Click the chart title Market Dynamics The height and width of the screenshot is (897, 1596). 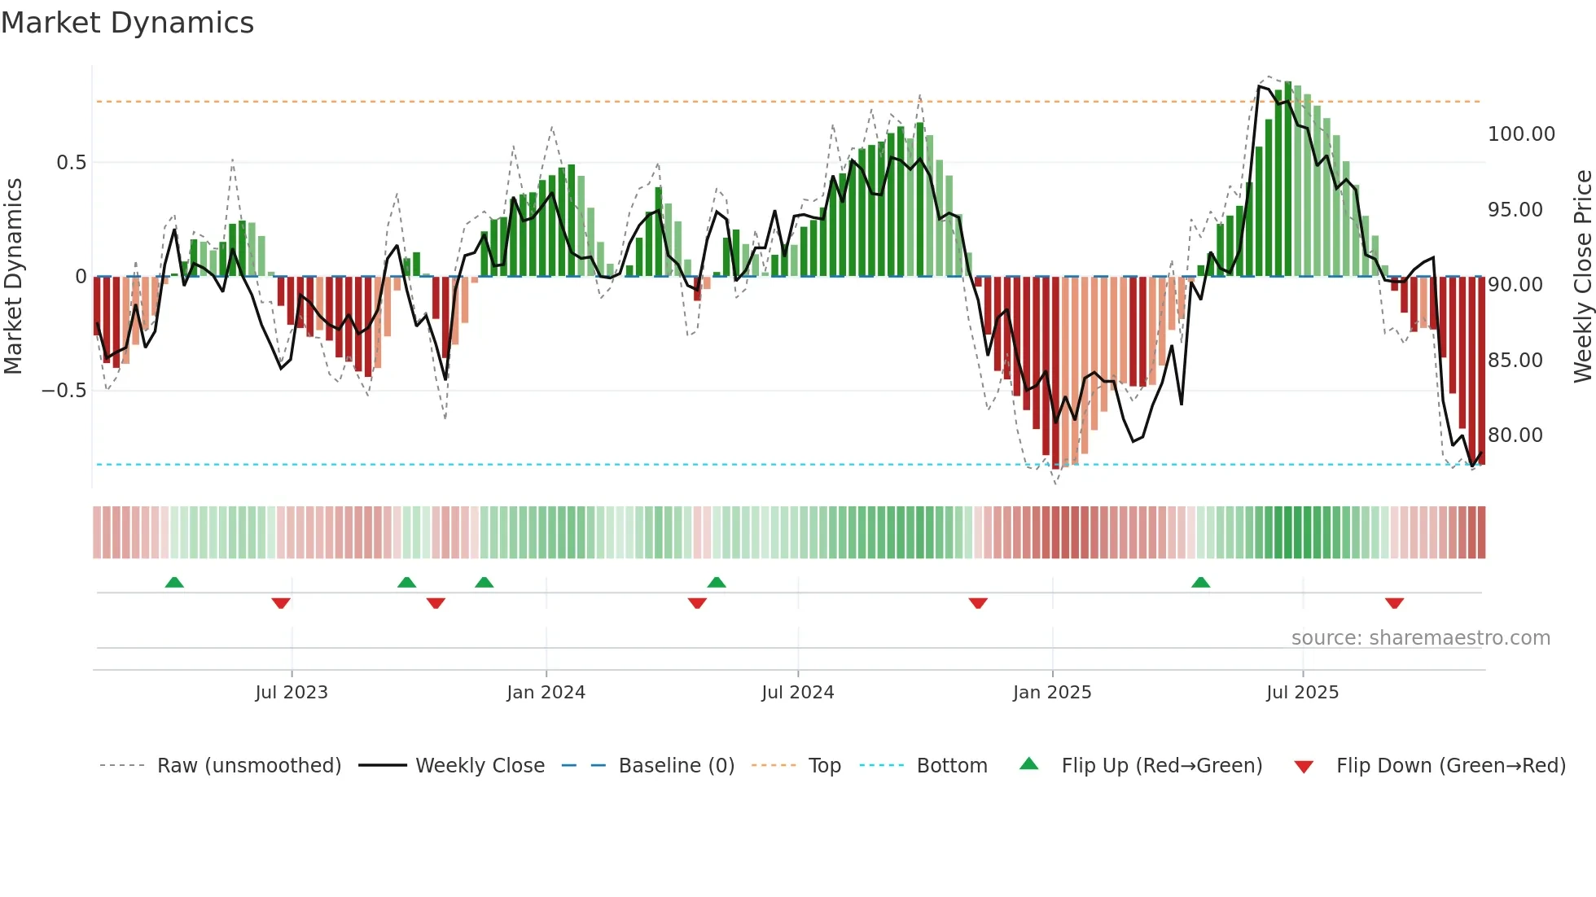[127, 23]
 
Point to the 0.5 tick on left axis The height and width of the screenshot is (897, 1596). [71, 163]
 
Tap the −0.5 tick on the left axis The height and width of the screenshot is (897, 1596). [64, 391]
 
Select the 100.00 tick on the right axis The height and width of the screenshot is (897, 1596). [1520, 134]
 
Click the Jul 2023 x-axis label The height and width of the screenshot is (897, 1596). [291, 693]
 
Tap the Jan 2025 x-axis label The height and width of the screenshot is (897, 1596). [1051, 693]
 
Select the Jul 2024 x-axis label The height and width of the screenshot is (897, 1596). [797, 693]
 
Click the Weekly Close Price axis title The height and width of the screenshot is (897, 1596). [1582, 277]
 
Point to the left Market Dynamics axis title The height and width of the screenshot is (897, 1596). [13, 277]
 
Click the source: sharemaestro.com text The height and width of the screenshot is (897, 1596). [1420, 638]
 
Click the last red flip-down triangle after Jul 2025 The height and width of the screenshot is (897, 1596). [1394, 603]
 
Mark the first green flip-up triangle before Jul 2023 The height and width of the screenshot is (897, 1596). [174, 582]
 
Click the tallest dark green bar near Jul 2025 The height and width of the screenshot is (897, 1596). [1287, 179]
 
